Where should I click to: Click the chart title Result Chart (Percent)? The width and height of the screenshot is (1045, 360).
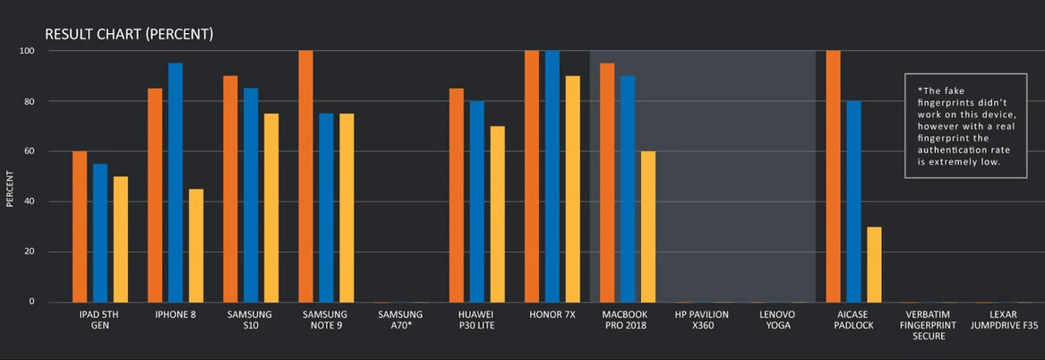click(129, 35)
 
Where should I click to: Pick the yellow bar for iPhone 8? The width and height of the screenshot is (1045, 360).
click(196, 245)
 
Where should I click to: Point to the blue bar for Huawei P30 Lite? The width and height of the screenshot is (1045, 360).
click(477, 201)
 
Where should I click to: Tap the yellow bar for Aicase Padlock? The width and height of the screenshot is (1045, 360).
click(874, 264)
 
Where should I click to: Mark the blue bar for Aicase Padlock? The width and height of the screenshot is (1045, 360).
click(854, 201)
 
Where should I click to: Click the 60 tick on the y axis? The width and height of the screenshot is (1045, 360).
click(29, 152)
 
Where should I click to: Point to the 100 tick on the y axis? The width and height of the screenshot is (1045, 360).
click(26, 51)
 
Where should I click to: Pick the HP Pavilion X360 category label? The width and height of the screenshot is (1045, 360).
click(701, 320)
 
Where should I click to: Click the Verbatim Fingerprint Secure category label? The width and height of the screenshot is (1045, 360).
click(929, 326)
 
